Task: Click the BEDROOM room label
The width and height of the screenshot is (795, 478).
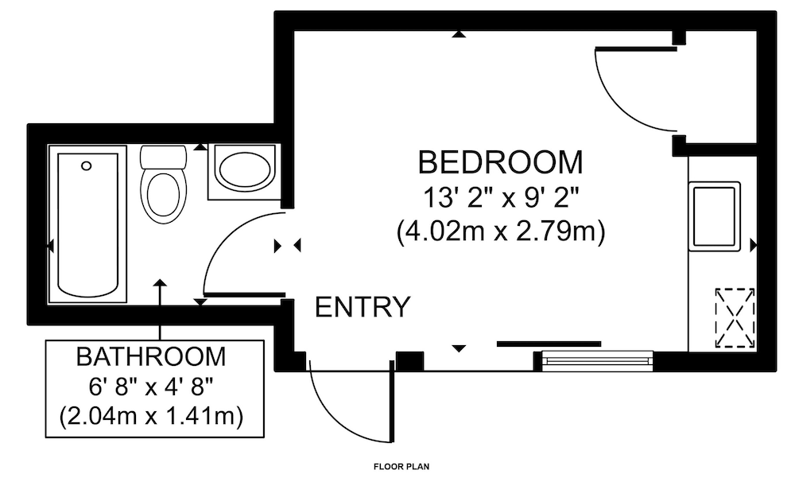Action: (x=500, y=162)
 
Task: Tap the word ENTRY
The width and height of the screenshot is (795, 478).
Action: (x=363, y=306)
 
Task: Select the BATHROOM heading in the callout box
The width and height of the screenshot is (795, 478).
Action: (x=151, y=356)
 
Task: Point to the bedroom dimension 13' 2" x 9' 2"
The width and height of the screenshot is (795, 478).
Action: (x=501, y=197)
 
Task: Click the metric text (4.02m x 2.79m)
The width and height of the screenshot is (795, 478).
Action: (x=501, y=232)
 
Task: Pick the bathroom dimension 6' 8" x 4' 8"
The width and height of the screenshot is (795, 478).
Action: (x=151, y=387)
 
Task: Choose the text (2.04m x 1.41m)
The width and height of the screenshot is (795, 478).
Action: (x=151, y=417)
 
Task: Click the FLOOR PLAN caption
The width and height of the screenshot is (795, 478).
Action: (x=401, y=466)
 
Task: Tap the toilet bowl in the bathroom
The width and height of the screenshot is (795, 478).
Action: (x=163, y=197)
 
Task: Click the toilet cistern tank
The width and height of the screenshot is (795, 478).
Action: (x=163, y=157)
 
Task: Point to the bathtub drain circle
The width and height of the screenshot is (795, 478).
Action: (x=87, y=165)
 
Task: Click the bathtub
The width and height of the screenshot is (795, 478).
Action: (x=87, y=224)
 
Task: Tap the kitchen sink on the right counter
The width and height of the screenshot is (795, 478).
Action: (x=715, y=216)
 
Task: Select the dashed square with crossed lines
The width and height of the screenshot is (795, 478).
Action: (x=735, y=318)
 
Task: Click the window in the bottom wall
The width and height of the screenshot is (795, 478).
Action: (x=598, y=361)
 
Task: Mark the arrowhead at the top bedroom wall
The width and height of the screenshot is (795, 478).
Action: (x=460, y=34)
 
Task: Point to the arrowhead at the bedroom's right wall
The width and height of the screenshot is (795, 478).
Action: (x=754, y=245)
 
